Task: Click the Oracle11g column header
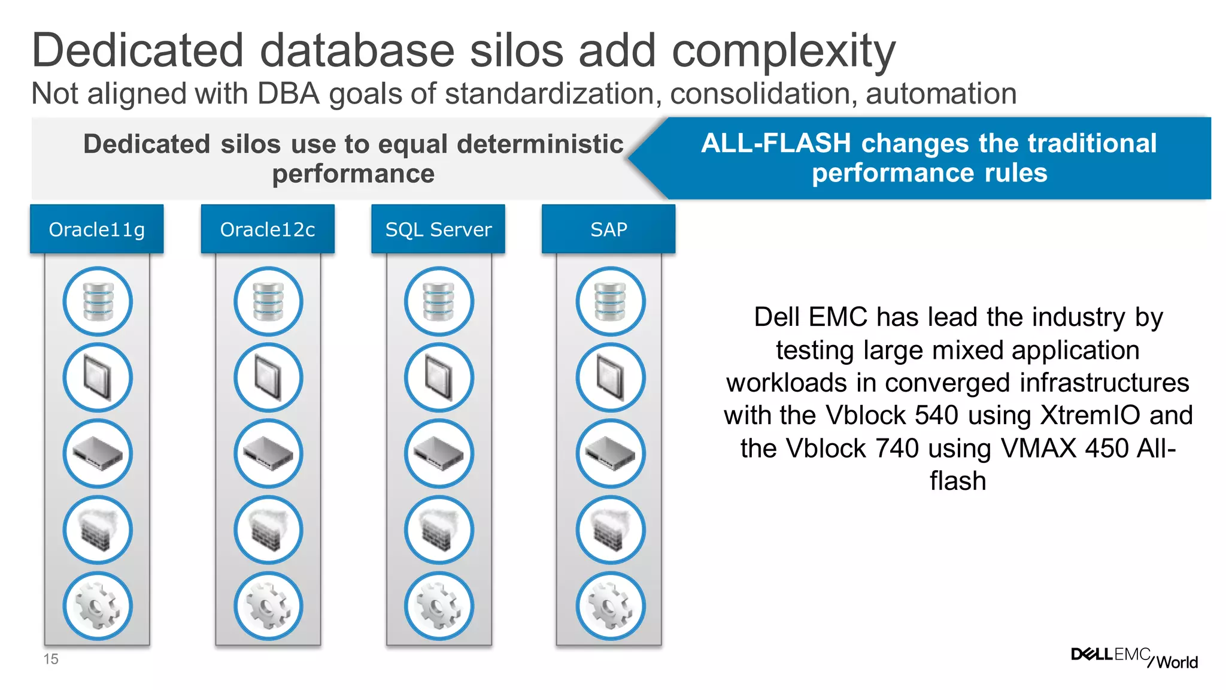click(x=96, y=229)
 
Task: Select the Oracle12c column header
click(x=268, y=229)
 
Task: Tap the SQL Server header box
click(x=438, y=229)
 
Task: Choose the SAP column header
click(x=608, y=229)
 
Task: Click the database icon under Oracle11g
click(x=98, y=301)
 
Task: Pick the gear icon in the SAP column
click(x=611, y=606)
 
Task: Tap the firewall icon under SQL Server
click(x=439, y=530)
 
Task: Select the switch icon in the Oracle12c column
click(x=268, y=454)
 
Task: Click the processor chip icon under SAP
click(x=611, y=377)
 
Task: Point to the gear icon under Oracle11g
click(x=98, y=606)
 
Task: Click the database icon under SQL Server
click(x=439, y=301)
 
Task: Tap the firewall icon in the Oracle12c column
click(x=268, y=530)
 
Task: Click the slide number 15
click(x=51, y=659)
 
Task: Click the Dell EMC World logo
click(x=1134, y=658)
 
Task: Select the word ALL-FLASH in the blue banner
click(x=776, y=144)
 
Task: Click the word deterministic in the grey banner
click(x=540, y=144)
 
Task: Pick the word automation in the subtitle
click(x=941, y=94)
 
